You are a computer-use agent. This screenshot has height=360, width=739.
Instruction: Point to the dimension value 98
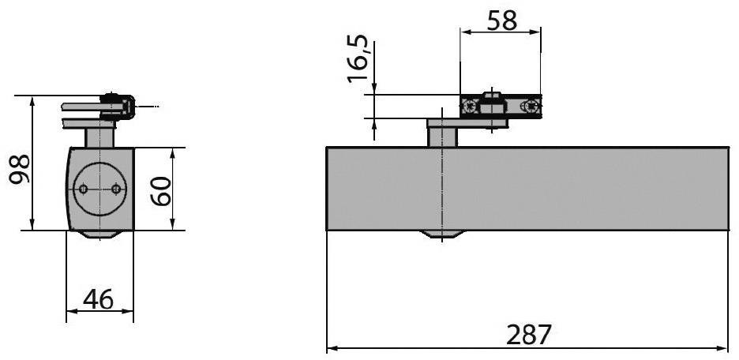tap(20, 168)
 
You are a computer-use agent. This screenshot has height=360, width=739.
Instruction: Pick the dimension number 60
tap(161, 190)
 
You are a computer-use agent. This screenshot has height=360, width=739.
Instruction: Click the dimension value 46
tap(99, 299)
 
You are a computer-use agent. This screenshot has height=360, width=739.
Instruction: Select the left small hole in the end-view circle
tap(82, 189)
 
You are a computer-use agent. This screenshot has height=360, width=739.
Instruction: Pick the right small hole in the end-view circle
tap(116, 189)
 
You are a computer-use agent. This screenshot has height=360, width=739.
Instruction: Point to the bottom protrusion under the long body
tap(443, 234)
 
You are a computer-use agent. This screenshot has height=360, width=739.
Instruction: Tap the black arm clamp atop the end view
tap(118, 107)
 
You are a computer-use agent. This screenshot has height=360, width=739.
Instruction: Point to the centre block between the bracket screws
tap(492, 103)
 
